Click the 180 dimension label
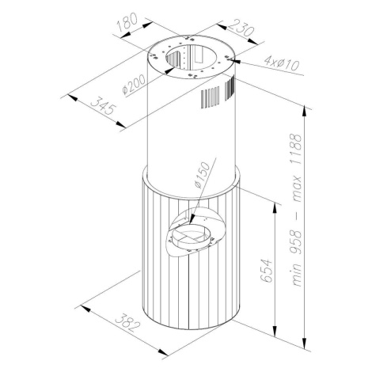tap(127, 22)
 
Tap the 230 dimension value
tap(241, 28)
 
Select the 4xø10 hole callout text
tap(282, 64)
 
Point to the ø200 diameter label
tap(134, 84)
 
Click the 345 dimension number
tap(104, 105)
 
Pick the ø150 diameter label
tap(203, 175)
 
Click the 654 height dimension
tap(266, 271)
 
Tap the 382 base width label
tap(127, 322)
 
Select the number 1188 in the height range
tap(296, 150)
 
